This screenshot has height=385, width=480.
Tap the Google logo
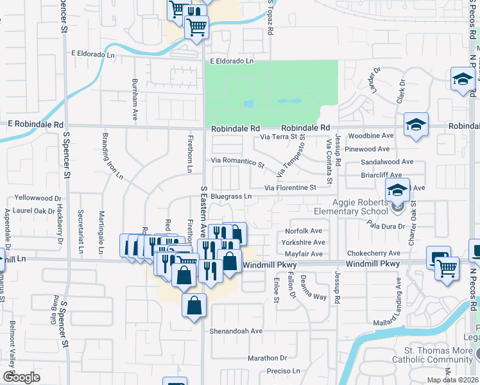tap(21, 377)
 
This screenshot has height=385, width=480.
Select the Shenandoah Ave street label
tap(236, 331)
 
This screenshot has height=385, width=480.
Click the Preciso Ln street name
tap(283, 371)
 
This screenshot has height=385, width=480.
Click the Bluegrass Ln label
tap(230, 196)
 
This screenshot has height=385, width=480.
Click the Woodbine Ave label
tap(370, 136)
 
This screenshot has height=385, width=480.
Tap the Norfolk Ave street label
tap(304, 231)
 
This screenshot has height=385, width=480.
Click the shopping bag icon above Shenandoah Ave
tap(194, 306)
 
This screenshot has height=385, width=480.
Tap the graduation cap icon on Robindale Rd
tap(416, 125)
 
